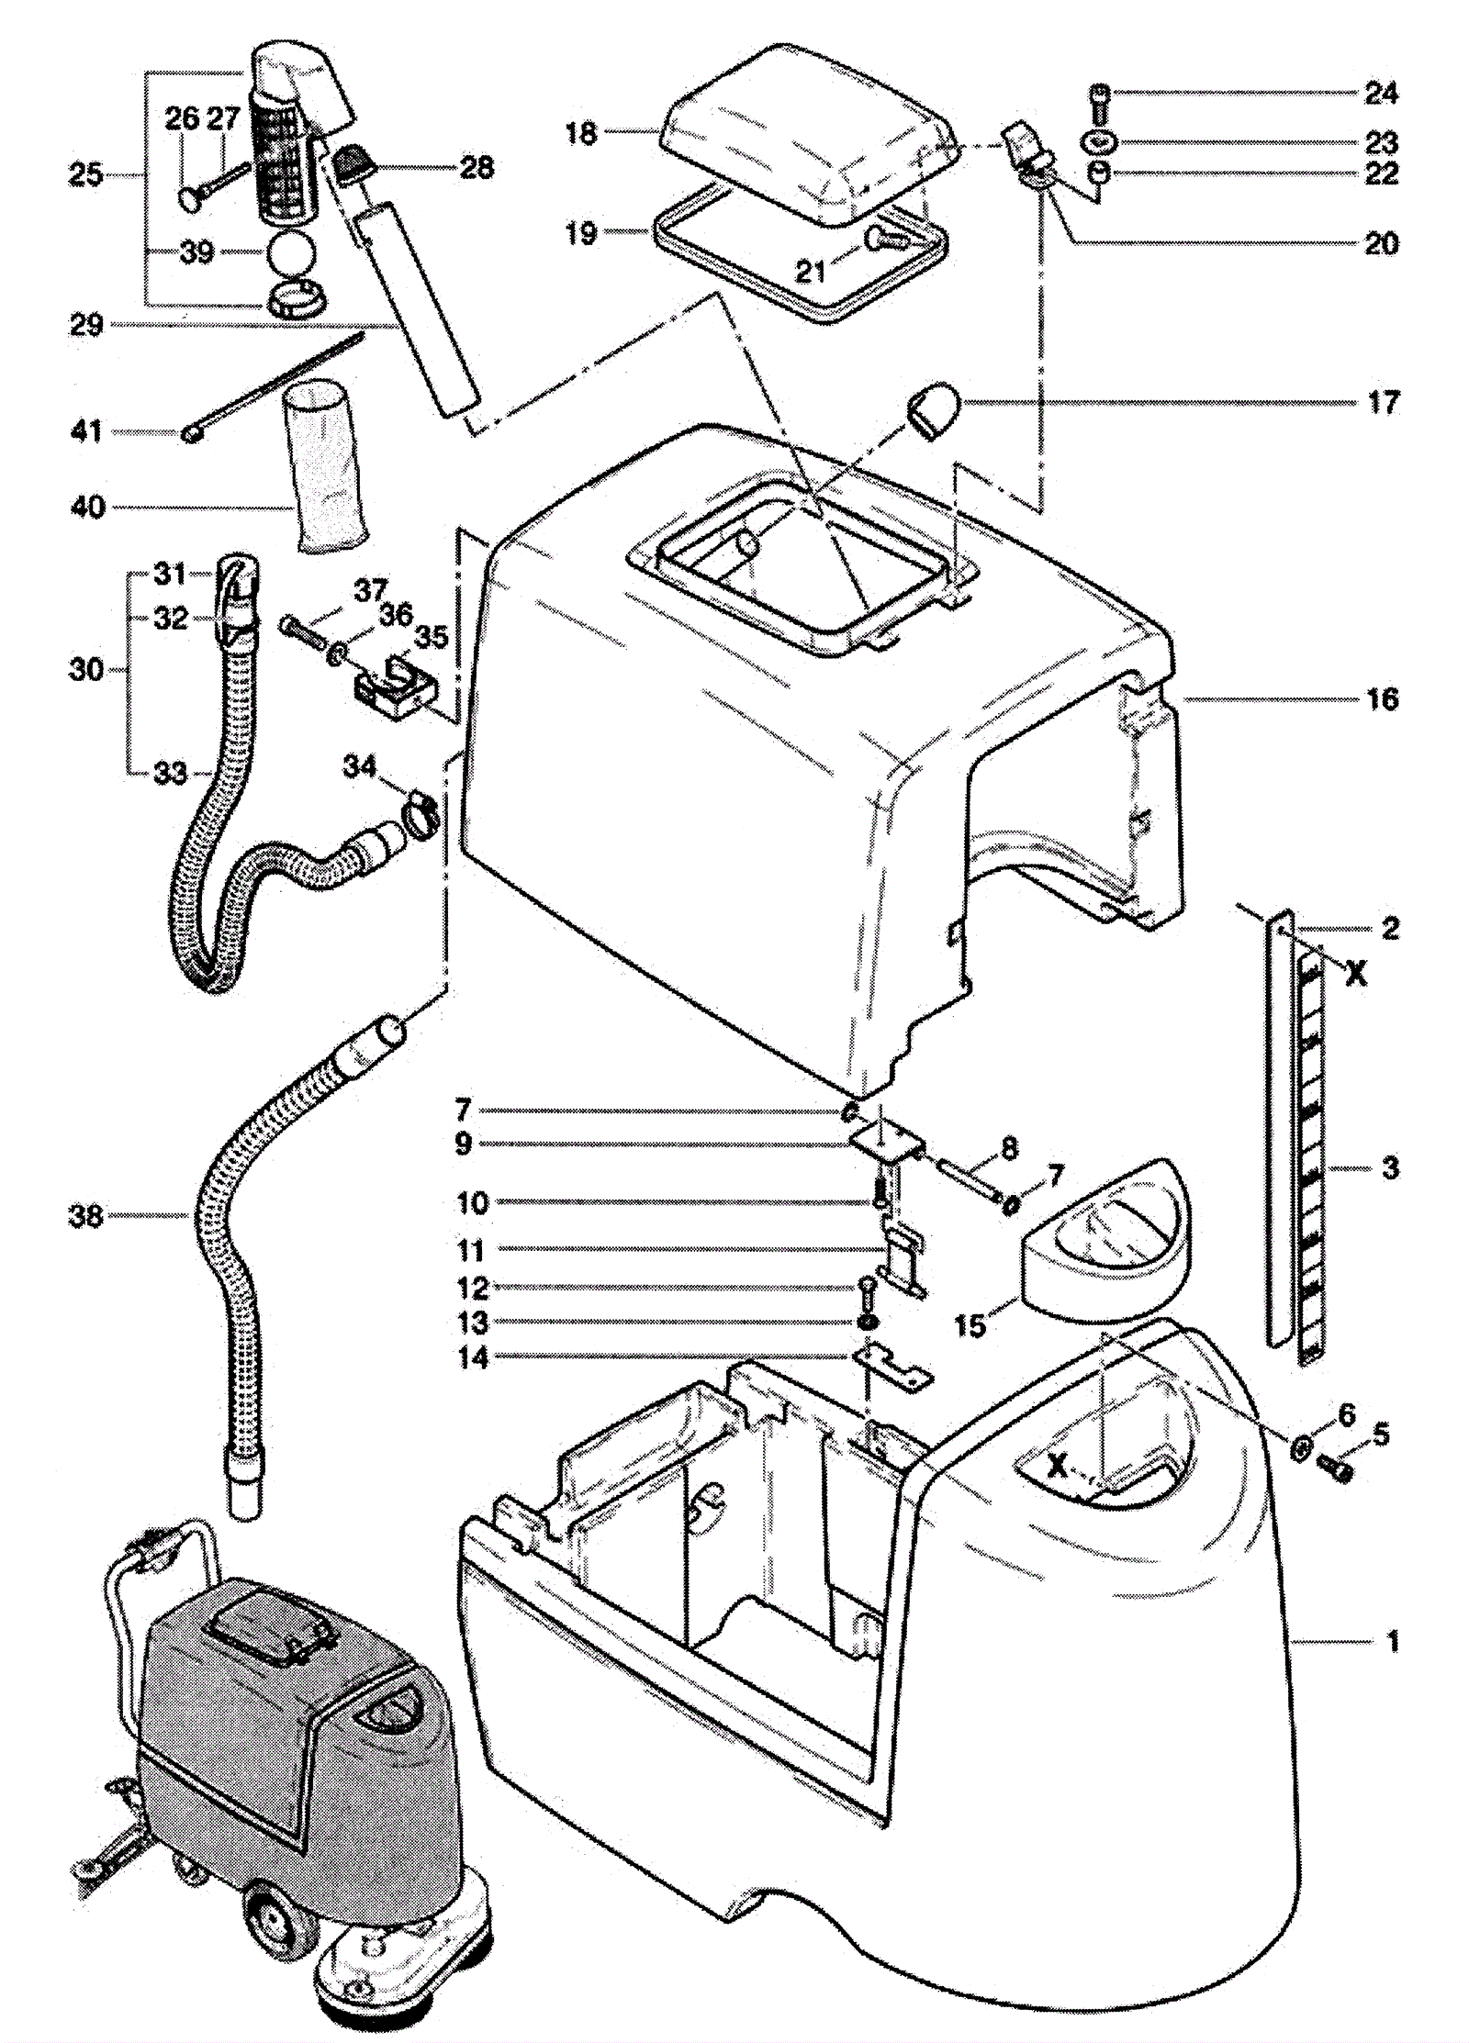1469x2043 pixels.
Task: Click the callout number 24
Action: [1381, 93]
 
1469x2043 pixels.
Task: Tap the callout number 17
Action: [1383, 402]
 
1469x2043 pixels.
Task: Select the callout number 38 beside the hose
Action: [86, 1217]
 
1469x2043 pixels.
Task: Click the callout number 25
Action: [86, 174]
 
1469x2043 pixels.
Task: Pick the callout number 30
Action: [86, 670]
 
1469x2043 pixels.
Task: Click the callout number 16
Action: [1383, 699]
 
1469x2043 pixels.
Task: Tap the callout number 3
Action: [1390, 1168]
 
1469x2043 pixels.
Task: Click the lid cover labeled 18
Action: [808, 138]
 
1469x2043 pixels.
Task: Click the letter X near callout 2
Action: [1355, 974]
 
